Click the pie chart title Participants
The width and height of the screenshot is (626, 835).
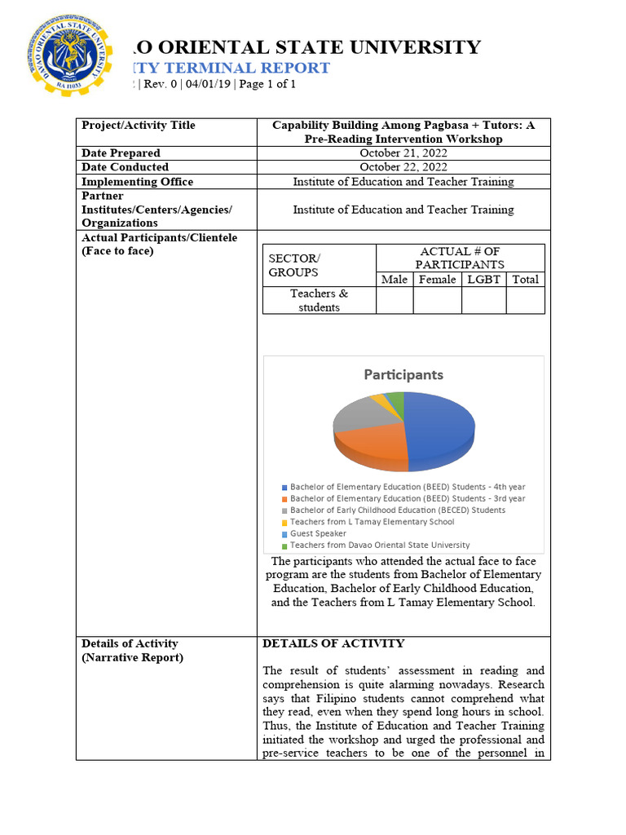pyautogui.click(x=403, y=375)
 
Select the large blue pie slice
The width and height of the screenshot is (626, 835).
pyautogui.click(x=440, y=428)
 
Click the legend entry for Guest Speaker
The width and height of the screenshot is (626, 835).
pyautogui.click(x=318, y=533)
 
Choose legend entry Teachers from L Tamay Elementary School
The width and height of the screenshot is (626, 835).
pyautogui.click(x=372, y=522)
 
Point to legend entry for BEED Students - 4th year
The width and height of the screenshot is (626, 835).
pyautogui.click(x=408, y=487)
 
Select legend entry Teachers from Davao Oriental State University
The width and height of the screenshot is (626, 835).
pyautogui.click(x=379, y=546)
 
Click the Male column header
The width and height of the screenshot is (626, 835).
pyautogui.click(x=395, y=280)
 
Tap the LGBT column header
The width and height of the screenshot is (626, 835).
pyautogui.click(x=483, y=280)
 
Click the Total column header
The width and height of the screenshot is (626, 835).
pyautogui.click(x=525, y=280)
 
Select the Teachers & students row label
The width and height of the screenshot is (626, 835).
pyautogui.click(x=319, y=300)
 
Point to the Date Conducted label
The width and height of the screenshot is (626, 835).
pyautogui.click(x=126, y=167)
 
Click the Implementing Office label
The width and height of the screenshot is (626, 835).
pyautogui.click(x=137, y=182)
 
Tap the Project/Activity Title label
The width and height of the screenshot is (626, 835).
pyautogui.click(x=139, y=126)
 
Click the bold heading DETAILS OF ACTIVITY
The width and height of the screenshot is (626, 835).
pyautogui.click(x=333, y=644)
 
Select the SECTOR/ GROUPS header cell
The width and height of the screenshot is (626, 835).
pyautogui.click(x=293, y=265)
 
